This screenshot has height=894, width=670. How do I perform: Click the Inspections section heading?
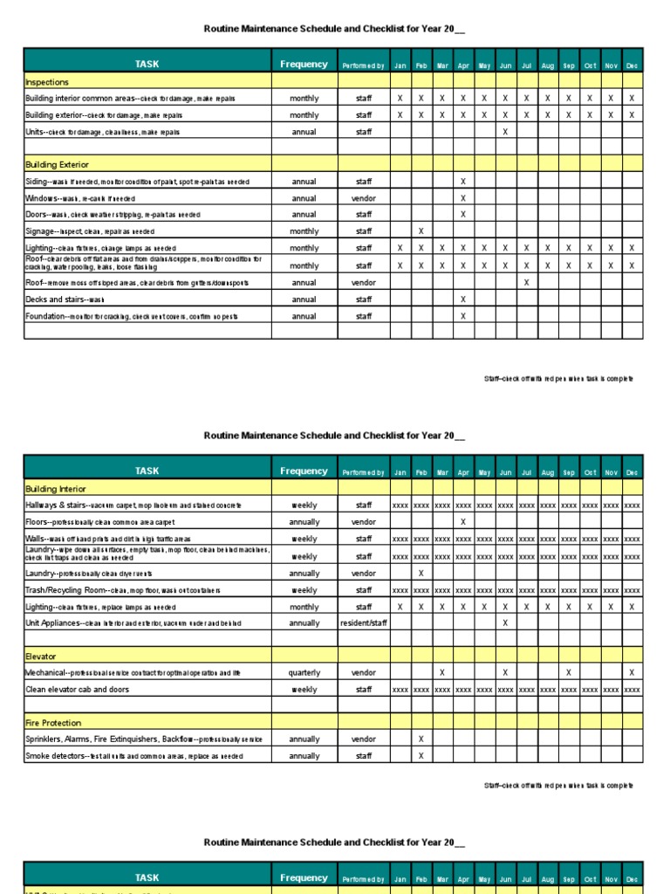point(47,82)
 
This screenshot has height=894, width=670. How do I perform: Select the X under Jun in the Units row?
point(505,132)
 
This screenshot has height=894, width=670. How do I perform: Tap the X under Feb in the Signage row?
point(421,231)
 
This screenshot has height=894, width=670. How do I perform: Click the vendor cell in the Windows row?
point(364,198)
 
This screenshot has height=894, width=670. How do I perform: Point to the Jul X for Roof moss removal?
point(526,283)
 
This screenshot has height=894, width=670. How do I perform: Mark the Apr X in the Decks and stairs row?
point(463,299)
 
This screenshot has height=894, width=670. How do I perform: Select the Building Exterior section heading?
point(57,164)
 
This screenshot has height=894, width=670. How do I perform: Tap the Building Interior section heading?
point(56,489)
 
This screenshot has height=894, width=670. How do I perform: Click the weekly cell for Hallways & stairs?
point(304,505)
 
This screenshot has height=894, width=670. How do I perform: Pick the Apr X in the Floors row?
point(463,522)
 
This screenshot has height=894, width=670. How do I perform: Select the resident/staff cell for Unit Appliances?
point(364,623)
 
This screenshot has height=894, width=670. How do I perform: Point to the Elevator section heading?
point(42,656)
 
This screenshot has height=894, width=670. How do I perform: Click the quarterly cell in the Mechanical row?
point(304,673)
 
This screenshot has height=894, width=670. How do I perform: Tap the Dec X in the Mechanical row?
point(632,673)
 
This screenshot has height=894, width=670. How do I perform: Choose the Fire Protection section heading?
point(53,723)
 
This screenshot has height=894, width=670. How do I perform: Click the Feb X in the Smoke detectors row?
point(421,756)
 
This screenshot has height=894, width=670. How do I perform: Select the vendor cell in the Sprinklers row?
point(364,739)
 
